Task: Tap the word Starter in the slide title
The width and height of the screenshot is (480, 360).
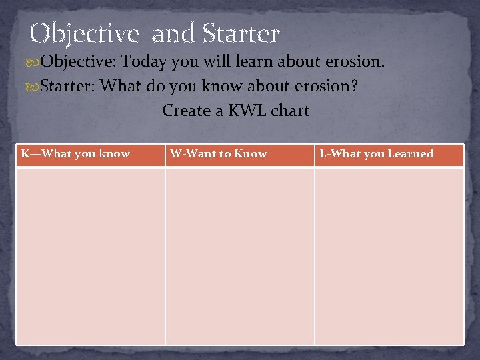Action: [x=240, y=33]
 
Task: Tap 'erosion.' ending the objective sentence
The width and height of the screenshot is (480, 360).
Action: [x=355, y=62]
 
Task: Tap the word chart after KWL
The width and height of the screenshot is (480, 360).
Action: [x=291, y=111]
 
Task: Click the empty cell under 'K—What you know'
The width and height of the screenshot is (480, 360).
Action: [x=90, y=255]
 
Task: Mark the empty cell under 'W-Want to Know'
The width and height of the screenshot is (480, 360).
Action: [x=239, y=255]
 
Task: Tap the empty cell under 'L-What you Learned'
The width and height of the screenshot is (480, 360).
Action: [x=389, y=255]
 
